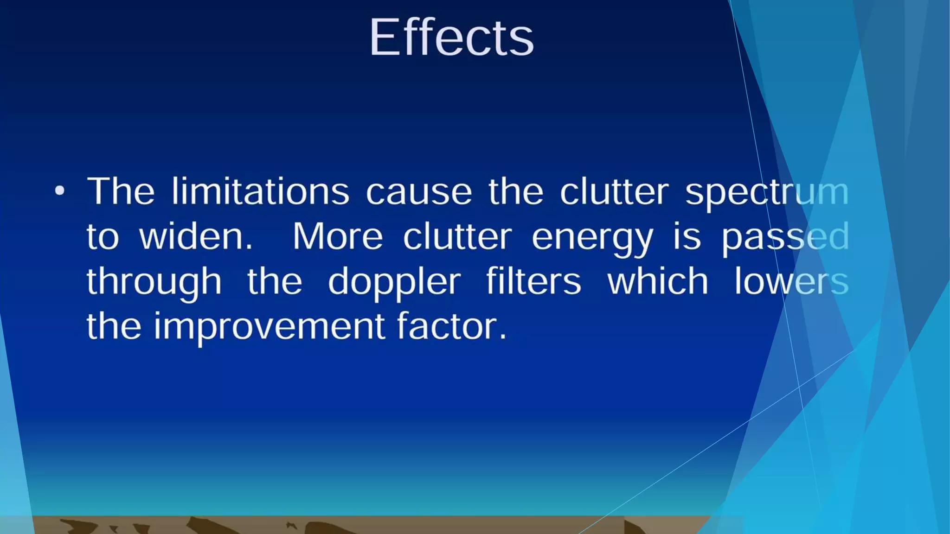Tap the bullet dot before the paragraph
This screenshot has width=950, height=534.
pyautogui.click(x=60, y=191)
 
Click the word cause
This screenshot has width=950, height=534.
pyautogui.click(x=419, y=192)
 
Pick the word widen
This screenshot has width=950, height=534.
pyautogui.click(x=196, y=236)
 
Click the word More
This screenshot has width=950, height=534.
pyautogui.click(x=338, y=236)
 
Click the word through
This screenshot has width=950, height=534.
pyautogui.click(x=154, y=282)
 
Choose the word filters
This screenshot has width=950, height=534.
pyautogui.click(x=533, y=281)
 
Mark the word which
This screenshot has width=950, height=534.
pyautogui.click(x=658, y=281)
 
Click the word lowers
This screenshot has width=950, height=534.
pyautogui.click(x=791, y=281)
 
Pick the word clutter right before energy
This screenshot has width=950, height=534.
pyautogui.click(x=457, y=236)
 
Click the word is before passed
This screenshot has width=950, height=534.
pyautogui.click(x=687, y=236)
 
